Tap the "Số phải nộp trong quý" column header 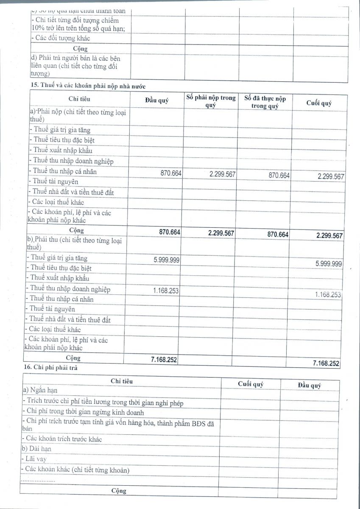pyautogui.click(x=211, y=101)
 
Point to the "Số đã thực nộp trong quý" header pyautogui.click(x=265, y=102)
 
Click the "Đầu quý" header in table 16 pyautogui.click(x=309, y=385)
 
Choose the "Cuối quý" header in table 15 pyautogui.click(x=319, y=103)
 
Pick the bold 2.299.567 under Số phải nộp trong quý pyautogui.click(x=222, y=233)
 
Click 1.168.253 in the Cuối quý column pyautogui.click(x=328, y=294)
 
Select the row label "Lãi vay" pyautogui.click(x=36, y=459)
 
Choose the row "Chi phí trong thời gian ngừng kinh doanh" pyautogui.click(x=85, y=412)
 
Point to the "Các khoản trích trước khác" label pyautogui.click(x=64, y=439)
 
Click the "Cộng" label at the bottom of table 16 pyautogui.click(x=119, y=491)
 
